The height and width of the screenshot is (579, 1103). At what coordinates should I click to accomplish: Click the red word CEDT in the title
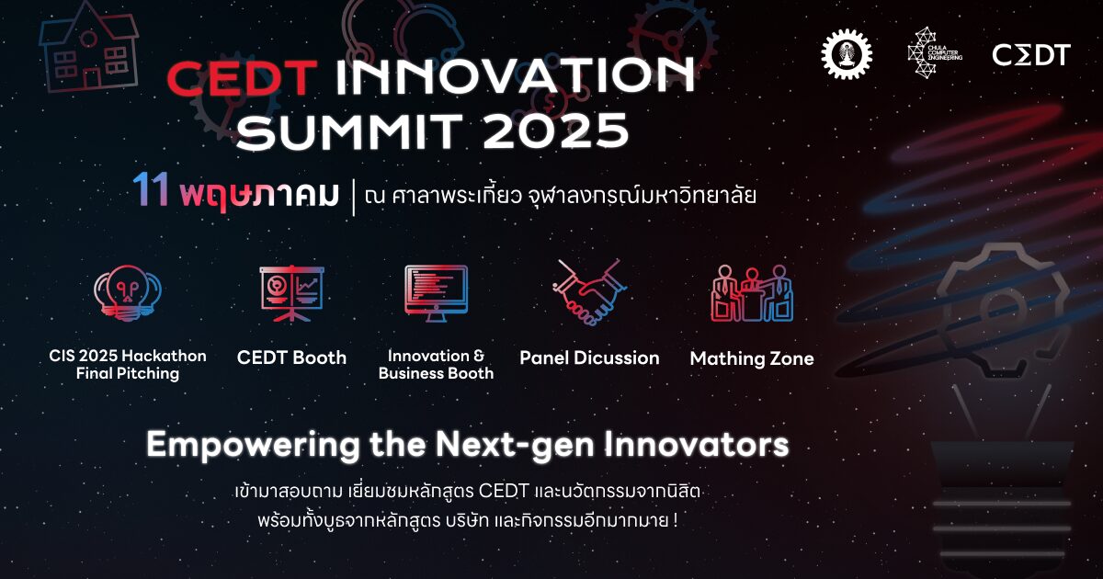click(x=241, y=77)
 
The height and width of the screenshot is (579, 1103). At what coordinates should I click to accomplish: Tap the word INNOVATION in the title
click(x=516, y=75)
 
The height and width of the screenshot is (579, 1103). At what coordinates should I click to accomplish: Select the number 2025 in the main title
click(x=555, y=131)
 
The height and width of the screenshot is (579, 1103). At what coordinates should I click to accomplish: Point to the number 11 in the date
click(x=151, y=190)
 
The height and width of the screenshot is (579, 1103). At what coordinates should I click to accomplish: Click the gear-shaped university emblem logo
click(x=847, y=53)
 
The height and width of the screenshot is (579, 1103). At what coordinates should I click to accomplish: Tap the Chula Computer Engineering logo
click(x=934, y=52)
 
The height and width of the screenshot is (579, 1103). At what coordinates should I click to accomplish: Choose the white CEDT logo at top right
click(x=1031, y=54)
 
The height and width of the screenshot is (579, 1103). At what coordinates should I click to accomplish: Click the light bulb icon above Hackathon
click(x=128, y=293)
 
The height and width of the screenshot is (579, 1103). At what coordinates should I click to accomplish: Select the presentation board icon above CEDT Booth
click(x=292, y=293)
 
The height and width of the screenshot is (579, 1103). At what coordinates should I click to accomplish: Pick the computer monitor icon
click(x=436, y=293)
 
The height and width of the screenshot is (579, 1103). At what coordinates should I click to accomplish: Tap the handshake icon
click(x=589, y=292)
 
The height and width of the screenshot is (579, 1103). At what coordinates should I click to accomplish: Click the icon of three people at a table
click(x=752, y=293)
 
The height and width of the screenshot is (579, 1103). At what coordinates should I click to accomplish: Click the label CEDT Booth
click(x=291, y=358)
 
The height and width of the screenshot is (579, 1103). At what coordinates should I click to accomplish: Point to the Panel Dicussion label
click(x=589, y=358)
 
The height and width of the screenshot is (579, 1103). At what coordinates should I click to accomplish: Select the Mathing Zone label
click(x=752, y=358)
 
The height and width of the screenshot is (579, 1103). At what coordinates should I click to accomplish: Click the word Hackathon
click(x=165, y=356)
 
